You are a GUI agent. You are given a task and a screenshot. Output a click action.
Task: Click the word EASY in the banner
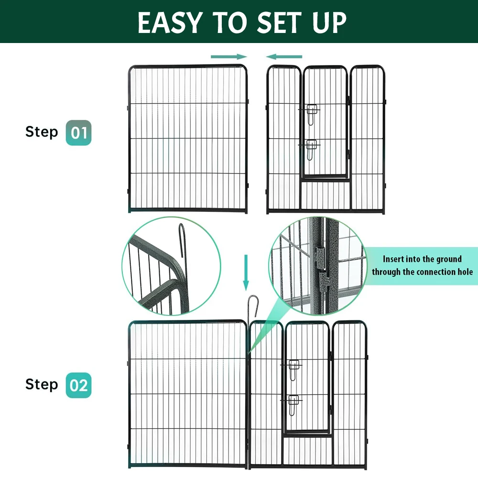point(170,22)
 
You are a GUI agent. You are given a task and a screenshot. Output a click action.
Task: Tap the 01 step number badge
point(78,133)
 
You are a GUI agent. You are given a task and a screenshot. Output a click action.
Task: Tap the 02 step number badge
point(78,385)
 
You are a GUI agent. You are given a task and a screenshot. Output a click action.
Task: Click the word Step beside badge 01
point(42,131)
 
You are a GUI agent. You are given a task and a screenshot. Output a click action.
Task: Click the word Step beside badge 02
point(42,384)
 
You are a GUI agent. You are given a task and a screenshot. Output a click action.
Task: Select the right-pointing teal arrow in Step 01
point(228,56)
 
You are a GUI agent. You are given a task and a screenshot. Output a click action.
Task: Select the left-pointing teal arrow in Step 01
point(284,56)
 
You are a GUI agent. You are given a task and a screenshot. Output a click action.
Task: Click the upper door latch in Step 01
point(312,114)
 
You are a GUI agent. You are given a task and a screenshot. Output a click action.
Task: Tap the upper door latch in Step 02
point(293,369)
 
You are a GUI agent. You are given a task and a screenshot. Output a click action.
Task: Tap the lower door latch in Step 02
point(293,404)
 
